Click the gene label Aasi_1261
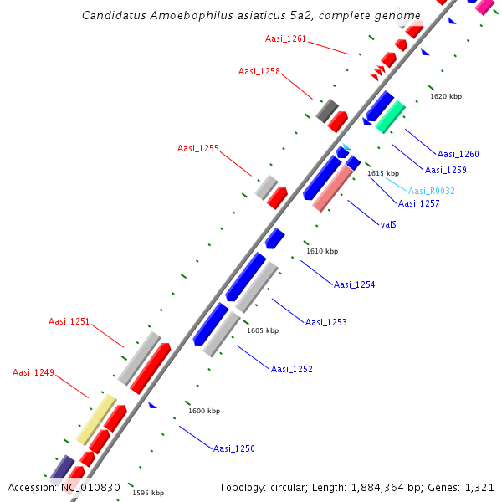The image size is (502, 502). click(x=285, y=38)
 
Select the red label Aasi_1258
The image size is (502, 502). click(x=259, y=71)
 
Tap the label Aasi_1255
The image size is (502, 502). click(x=198, y=148)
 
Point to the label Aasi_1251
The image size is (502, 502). click(x=69, y=321)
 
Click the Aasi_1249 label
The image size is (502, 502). click(x=33, y=372)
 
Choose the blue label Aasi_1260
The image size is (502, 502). click(x=458, y=154)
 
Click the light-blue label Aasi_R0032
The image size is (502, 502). click(x=432, y=191)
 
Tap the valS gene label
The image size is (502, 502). click(x=388, y=224)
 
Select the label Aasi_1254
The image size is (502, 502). click(x=355, y=284)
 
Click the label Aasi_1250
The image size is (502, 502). click(x=233, y=448)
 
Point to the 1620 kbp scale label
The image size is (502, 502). click(x=446, y=96)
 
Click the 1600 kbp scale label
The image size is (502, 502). click(x=204, y=411)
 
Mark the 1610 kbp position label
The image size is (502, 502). click(x=322, y=251)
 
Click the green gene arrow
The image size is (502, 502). click(x=391, y=116)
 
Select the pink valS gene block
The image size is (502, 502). click(x=334, y=188)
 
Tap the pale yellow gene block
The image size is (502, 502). click(x=96, y=419)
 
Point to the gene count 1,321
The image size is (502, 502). click(x=480, y=487)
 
